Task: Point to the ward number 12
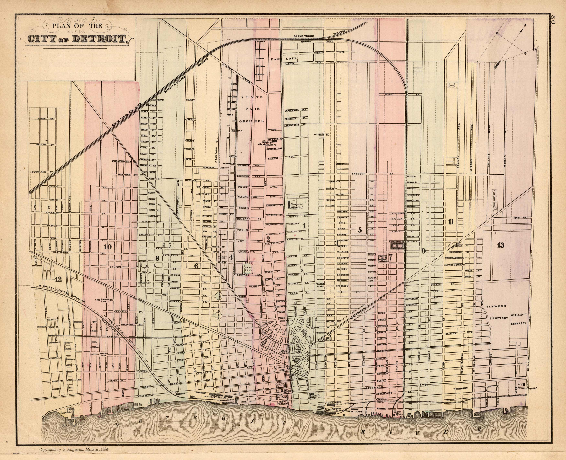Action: coord(58,279)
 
